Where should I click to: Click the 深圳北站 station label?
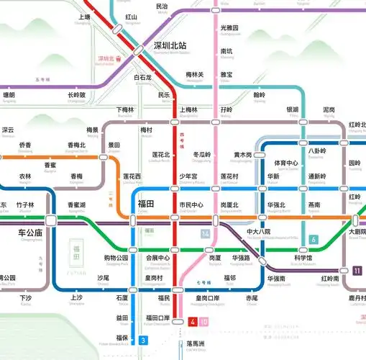[x=170, y=45]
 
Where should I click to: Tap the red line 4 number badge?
[x=193, y=321]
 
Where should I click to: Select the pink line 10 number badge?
[x=204, y=321]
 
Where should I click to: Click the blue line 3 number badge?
[x=144, y=340]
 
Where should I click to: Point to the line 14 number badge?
[x=206, y=234]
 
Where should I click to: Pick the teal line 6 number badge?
[x=313, y=239]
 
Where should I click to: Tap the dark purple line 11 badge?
[x=357, y=271]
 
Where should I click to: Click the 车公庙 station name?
[x=30, y=233]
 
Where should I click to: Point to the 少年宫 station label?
[x=188, y=176]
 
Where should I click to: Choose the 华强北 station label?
[x=276, y=204]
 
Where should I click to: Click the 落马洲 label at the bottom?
[x=196, y=343]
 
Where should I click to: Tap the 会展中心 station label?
[x=157, y=257]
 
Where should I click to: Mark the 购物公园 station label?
[x=116, y=257]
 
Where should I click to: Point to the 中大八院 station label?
[x=258, y=232]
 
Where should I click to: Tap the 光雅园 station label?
[x=229, y=27]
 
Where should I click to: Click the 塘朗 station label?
[x=9, y=94]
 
